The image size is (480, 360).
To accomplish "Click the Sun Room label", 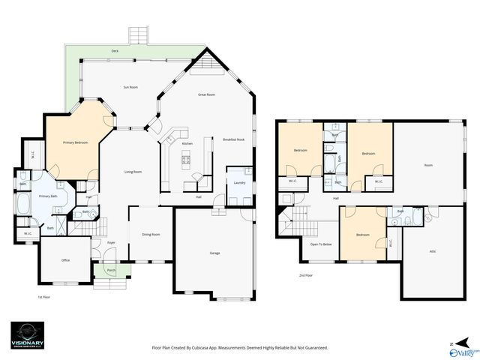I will [x=130, y=88].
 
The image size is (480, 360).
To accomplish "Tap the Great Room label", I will [x=207, y=95].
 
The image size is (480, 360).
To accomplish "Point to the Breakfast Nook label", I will [x=234, y=140].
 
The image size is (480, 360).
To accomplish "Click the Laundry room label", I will [x=240, y=183].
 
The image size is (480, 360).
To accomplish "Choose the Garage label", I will [x=214, y=253].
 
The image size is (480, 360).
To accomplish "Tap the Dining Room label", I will [x=151, y=235].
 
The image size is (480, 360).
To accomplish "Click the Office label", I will [x=65, y=260].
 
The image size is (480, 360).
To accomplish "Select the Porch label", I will [x=111, y=270].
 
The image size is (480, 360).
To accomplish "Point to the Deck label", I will [x=115, y=51].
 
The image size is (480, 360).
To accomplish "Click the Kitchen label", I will [x=187, y=144].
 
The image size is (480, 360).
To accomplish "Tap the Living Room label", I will [x=133, y=172].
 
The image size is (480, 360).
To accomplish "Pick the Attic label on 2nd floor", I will [x=433, y=251].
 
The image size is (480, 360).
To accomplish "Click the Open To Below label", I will [x=321, y=244].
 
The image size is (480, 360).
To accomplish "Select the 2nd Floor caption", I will [x=305, y=276].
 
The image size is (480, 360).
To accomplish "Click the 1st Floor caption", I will [x=44, y=298].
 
